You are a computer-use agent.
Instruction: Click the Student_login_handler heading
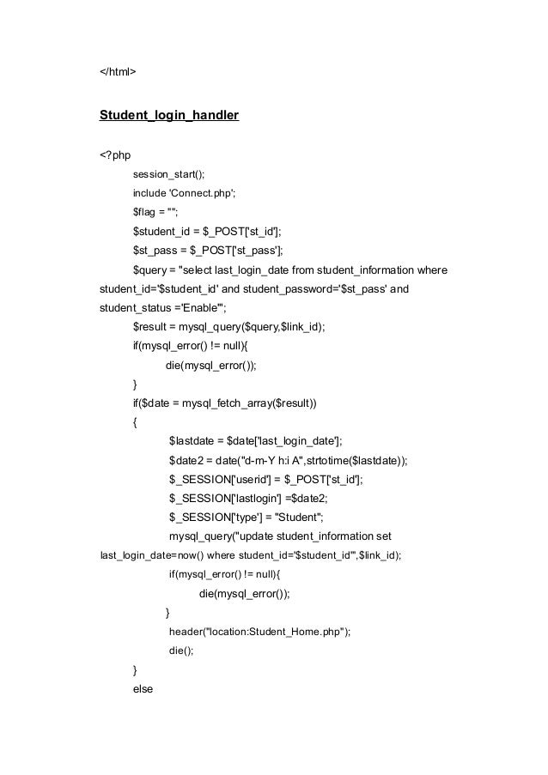pyautogui.click(x=169, y=113)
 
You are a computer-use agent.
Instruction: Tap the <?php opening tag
pyautogui.click(x=115, y=154)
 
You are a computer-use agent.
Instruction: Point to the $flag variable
pyautogui.click(x=146, y=212)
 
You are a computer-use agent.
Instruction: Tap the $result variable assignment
pyautogui.click(x=150, y=327)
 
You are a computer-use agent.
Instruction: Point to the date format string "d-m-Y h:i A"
pyautogui.click(x=275, y=461)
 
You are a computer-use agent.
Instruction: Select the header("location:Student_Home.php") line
pyautogui.click(x=259, y=632)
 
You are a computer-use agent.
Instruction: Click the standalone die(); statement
pyautogui.click(x=181, y=651)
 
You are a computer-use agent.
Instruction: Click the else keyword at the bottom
pyautogui.click(x=143, y=688)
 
